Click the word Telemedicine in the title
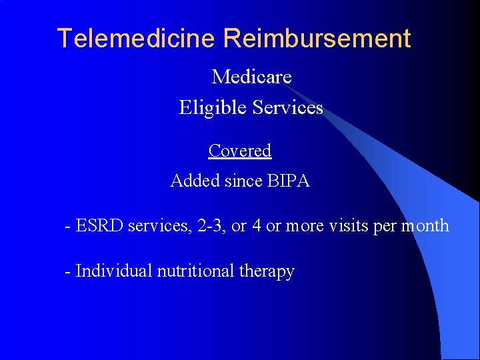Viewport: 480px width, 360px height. [138, 39]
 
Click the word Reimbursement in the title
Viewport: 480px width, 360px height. [317, 39]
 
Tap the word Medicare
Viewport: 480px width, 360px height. [251, 77]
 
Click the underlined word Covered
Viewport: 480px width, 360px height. [240, 151]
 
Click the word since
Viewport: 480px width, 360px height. [243, 181]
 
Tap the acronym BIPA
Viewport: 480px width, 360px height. [288, 181]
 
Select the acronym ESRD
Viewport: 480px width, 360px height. [100, 226]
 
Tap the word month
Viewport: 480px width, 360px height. [425, 226]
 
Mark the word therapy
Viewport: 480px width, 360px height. [267, 272]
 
